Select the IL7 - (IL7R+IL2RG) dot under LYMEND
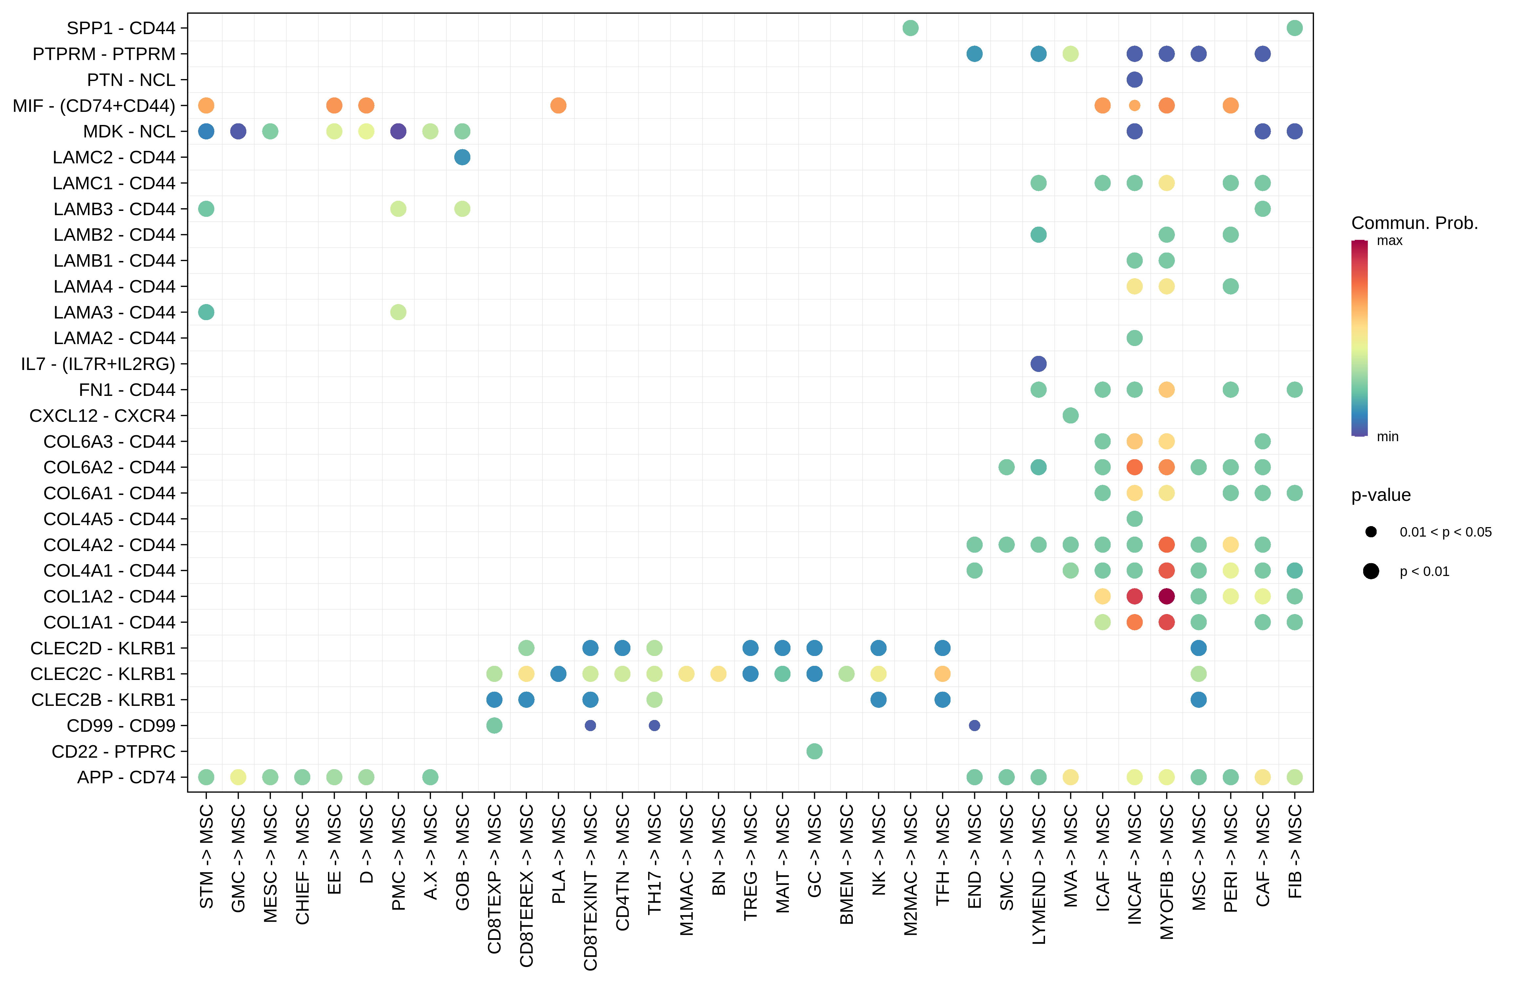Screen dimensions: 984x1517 [x=1038, y=364]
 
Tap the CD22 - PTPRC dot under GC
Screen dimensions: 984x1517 [x=814, y=751]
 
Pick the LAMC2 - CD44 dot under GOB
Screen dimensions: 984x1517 [x=462, y=157]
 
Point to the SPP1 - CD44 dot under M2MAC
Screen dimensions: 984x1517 [x=910, y=28]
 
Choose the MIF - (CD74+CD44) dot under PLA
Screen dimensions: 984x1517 [x=558, y=105]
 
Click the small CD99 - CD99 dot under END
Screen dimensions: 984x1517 [x=974, y=725]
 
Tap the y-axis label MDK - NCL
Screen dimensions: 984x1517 [x=129, y=131]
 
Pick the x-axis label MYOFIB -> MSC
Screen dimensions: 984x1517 [x=1166, y=872]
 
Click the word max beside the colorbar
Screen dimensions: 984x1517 [x=1389, y=241]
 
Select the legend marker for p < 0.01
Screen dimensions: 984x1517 [x=1371, y=571]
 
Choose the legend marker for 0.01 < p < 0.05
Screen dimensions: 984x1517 [x=1371, y=531]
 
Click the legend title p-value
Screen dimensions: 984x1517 [x=1381, y=495]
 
